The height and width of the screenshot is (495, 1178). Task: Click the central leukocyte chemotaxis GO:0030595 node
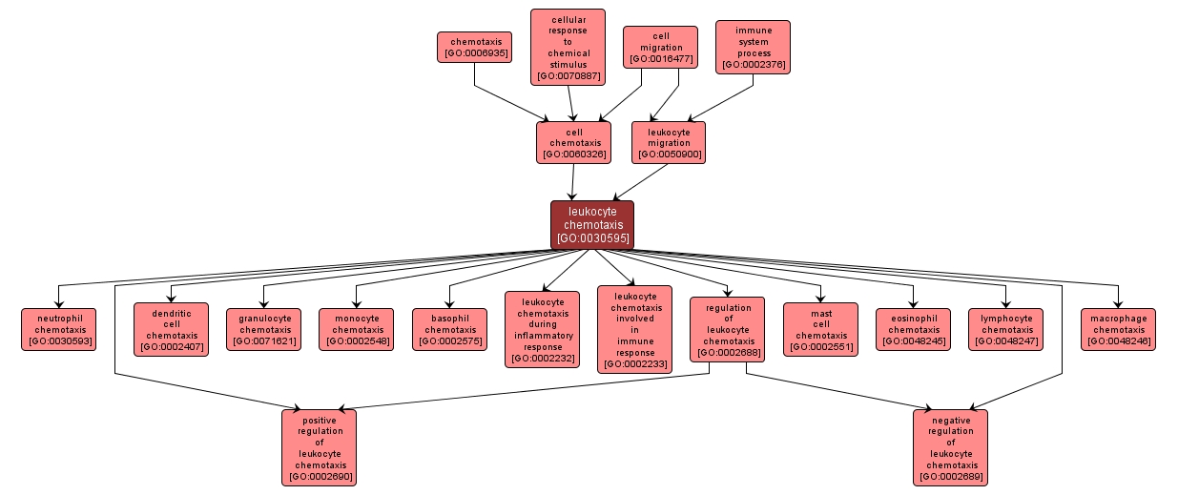pos(591,225)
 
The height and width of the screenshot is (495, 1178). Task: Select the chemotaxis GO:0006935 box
pos(474,47)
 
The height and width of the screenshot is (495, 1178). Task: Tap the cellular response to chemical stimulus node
pos(568,47)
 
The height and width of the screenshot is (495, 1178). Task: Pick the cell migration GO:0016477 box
pos(660,47)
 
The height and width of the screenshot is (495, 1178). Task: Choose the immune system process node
pos(753,47)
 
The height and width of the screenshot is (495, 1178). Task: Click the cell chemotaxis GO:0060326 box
pos(573,142)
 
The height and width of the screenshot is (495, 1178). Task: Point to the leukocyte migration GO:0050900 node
pos(668,142)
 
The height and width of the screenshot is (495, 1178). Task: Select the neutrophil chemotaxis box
pos(59,329)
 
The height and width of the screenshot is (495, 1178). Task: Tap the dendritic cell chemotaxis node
pos(171,329)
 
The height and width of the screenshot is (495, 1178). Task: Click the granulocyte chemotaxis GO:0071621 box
pos(264,329)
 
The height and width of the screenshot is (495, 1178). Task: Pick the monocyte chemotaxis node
pos(357,329)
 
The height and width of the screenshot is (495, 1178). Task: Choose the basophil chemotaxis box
pos(449,329)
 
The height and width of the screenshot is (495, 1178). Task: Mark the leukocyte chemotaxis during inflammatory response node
pos(542,329)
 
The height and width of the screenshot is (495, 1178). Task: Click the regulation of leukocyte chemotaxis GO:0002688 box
pos(728,329)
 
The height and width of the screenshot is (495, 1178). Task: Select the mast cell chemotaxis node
pos(820,329)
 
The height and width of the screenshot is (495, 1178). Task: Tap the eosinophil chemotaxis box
pos(913,329)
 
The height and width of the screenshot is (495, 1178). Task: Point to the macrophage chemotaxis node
pos(1118,329)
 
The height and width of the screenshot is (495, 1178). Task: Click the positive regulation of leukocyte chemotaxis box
pos(319,447)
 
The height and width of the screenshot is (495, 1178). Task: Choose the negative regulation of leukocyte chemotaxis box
pos(950,447)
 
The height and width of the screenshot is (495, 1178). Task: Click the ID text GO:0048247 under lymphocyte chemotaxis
pos(1006,341)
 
